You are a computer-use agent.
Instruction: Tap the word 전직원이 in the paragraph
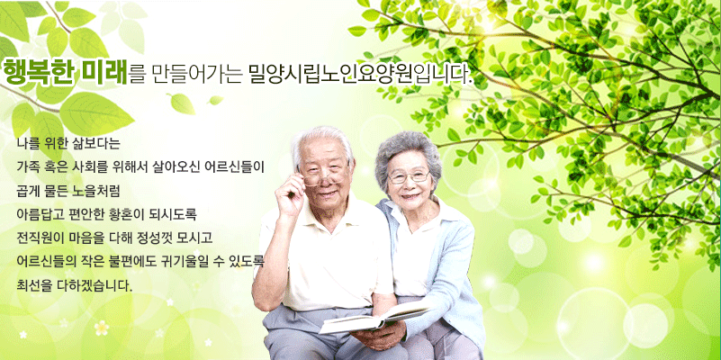[34, 238]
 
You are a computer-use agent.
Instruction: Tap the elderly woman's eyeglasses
[409, 177]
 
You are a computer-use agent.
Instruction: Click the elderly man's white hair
[322, 141]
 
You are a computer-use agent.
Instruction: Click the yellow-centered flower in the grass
[101, 328]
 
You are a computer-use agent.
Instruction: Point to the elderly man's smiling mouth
[327, 193]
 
